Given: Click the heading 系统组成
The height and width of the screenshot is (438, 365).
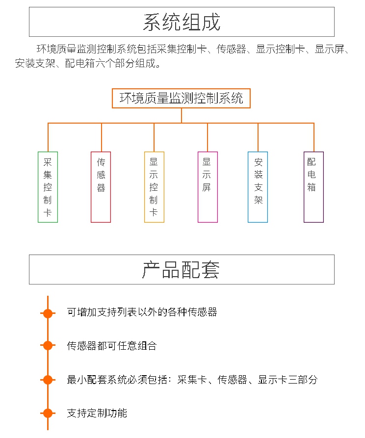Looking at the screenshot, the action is [182, 22].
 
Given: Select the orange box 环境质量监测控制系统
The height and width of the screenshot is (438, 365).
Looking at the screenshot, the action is [181, 98].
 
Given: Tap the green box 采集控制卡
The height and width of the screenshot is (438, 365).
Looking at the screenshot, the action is [48, 187].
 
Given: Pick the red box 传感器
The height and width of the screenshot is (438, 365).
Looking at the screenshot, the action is [101, 187].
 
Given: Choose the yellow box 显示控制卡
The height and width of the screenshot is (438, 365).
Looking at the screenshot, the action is [154, 187].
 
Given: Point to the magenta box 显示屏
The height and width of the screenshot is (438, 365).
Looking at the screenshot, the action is [208, 187].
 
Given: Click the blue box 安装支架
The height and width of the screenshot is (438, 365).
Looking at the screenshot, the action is [258, 187].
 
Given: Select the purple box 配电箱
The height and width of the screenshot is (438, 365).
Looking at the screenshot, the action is [313, 187].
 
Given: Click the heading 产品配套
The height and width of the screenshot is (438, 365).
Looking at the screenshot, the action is [181, 270].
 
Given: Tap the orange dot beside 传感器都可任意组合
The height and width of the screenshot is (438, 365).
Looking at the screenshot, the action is [48, 345].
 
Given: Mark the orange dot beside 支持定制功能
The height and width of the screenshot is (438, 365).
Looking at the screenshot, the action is [48, 413].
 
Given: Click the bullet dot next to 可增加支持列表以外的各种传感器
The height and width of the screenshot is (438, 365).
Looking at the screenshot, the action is [48, 313].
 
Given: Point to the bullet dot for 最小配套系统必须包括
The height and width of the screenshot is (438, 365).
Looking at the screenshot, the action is [48, 380].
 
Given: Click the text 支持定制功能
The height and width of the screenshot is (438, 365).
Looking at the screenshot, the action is [97, 413].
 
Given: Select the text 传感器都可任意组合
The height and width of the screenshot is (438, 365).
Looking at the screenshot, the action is [112, 346].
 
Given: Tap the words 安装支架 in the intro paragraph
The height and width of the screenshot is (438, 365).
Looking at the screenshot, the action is [35, 63].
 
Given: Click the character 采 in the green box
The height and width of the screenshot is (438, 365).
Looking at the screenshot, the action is [48, 162].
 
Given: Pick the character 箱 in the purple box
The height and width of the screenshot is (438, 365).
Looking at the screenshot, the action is [312, 187].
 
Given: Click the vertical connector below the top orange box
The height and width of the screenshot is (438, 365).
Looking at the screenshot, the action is [182, 115].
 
